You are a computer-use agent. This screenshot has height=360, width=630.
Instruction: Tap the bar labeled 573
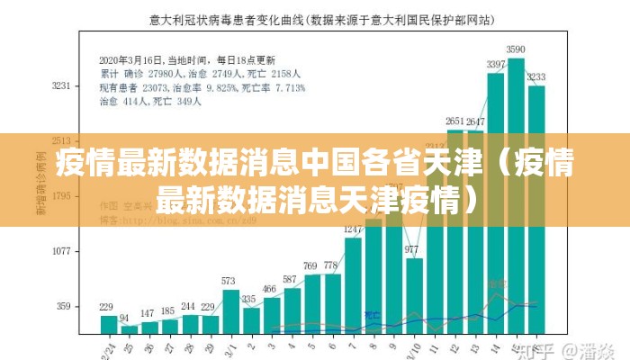[230, 311]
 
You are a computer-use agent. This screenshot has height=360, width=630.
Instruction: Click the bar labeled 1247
[353, 284]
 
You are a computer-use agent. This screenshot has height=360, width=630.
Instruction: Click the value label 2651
[455, 121]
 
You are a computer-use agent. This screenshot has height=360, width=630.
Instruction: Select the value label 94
[124, 319]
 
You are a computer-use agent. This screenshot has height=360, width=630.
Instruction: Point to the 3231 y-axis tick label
[61, 85]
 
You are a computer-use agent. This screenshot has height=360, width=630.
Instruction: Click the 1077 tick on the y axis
[61, 251]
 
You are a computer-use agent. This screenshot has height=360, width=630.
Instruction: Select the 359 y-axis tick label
[64, 306]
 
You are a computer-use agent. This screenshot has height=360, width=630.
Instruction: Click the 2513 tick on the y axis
[61, 141]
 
